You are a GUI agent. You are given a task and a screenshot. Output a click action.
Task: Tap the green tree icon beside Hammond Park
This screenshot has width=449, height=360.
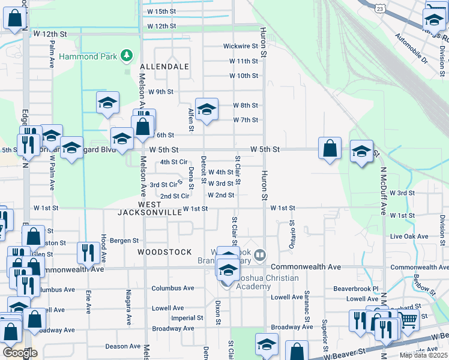point(126,56)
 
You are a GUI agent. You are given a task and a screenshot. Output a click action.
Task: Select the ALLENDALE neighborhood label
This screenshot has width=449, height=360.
point(164,67)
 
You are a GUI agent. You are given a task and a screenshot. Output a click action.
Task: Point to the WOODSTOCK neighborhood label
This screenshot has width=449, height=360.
point(164,252)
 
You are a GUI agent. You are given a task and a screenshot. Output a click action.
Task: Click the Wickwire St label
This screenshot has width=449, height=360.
point(240,46)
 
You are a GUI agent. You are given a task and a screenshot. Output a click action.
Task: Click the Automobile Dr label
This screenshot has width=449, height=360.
point(411,49)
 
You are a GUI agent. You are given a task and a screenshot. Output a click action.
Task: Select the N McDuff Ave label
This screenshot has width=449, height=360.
point(382,190)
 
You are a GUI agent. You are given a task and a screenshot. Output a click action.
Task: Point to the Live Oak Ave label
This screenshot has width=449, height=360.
point(407,237)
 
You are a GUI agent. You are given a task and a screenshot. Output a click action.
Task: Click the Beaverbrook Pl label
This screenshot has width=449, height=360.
point(357,289)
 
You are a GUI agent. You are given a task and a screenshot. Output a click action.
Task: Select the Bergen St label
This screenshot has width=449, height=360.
point(124,241)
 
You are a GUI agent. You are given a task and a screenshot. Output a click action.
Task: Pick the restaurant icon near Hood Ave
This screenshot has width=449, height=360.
point(89,253)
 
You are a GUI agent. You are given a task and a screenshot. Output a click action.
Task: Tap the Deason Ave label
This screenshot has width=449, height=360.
point(122,346)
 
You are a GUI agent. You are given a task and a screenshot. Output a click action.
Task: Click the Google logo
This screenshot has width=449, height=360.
point(19,353)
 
